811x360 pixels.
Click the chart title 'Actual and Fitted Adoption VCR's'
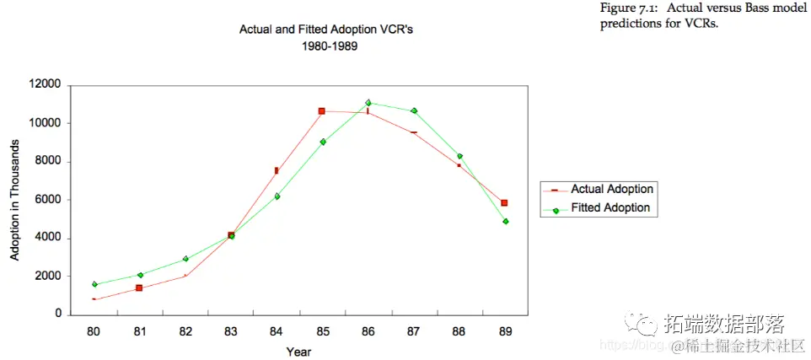tap(326, 30)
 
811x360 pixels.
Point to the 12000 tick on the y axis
tap(44, 85)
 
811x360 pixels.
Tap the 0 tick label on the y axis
tap(58, 314)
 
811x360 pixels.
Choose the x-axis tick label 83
tap(230, 331)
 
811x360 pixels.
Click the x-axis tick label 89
tap(505, 331)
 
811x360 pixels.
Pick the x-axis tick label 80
tap(94, 331)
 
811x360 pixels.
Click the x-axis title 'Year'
tap(298, 351)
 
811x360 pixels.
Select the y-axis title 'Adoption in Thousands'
tap(15, 199)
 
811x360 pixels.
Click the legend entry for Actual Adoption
tap(611, 190)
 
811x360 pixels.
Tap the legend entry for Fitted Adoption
tap(610, 208)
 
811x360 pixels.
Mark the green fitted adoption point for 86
tap(368, 103)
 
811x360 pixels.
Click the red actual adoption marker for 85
tap(322, 111)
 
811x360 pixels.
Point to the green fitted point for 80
tap(94, 284)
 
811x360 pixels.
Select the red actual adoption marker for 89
tap(504, 203)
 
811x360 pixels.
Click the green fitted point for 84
tap(277, 196)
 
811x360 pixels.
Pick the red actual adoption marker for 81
tap(139, 288)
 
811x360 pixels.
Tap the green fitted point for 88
tap(459, 156)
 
